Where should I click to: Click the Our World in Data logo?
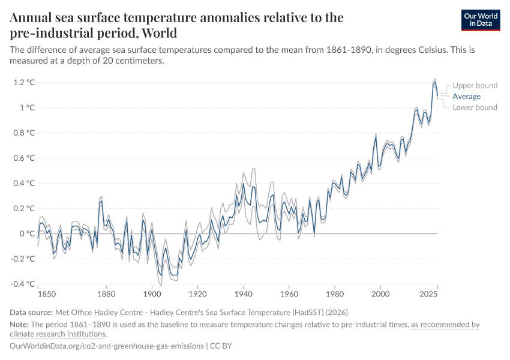click(x=480, y=20)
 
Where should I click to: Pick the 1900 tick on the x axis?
click(x=152, y=295)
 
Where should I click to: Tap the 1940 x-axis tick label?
click(x=243, y=295)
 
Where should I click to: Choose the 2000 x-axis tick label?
click(x=380, y=295)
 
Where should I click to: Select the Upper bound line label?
click(x=475, y=85)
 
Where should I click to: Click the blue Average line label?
click(x=466, y=96)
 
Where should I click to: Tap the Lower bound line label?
click(x=475, y=107)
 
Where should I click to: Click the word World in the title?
click(x=159, y=32)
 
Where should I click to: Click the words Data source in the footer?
click(x=31, y=312)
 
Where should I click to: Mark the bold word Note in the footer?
click(x=19, y=325)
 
